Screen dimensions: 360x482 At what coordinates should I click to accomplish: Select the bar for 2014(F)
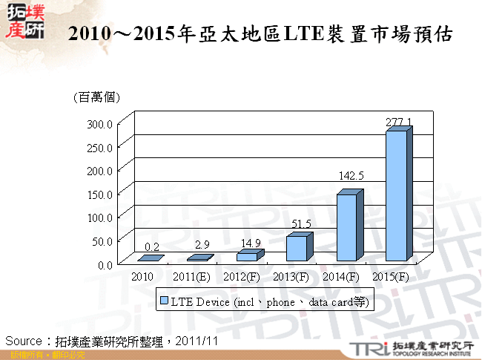347,227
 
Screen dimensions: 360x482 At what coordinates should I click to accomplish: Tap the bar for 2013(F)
297,248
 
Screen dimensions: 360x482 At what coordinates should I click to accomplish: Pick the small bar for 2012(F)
247,256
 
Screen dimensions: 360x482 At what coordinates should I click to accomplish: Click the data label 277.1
399,121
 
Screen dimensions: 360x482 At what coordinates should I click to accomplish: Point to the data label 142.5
351,176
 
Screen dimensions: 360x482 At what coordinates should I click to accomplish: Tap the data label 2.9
202,244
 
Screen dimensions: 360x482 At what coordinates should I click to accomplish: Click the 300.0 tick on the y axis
100,123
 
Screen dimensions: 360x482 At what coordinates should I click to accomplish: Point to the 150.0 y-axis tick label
100,194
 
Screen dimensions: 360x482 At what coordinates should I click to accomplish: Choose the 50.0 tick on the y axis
102,240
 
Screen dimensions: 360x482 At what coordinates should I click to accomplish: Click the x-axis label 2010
142,277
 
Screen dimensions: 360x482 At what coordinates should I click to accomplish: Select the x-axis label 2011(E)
191,277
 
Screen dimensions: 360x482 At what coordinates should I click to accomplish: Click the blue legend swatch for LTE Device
165,301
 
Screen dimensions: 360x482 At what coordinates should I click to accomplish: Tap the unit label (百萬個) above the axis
97,97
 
